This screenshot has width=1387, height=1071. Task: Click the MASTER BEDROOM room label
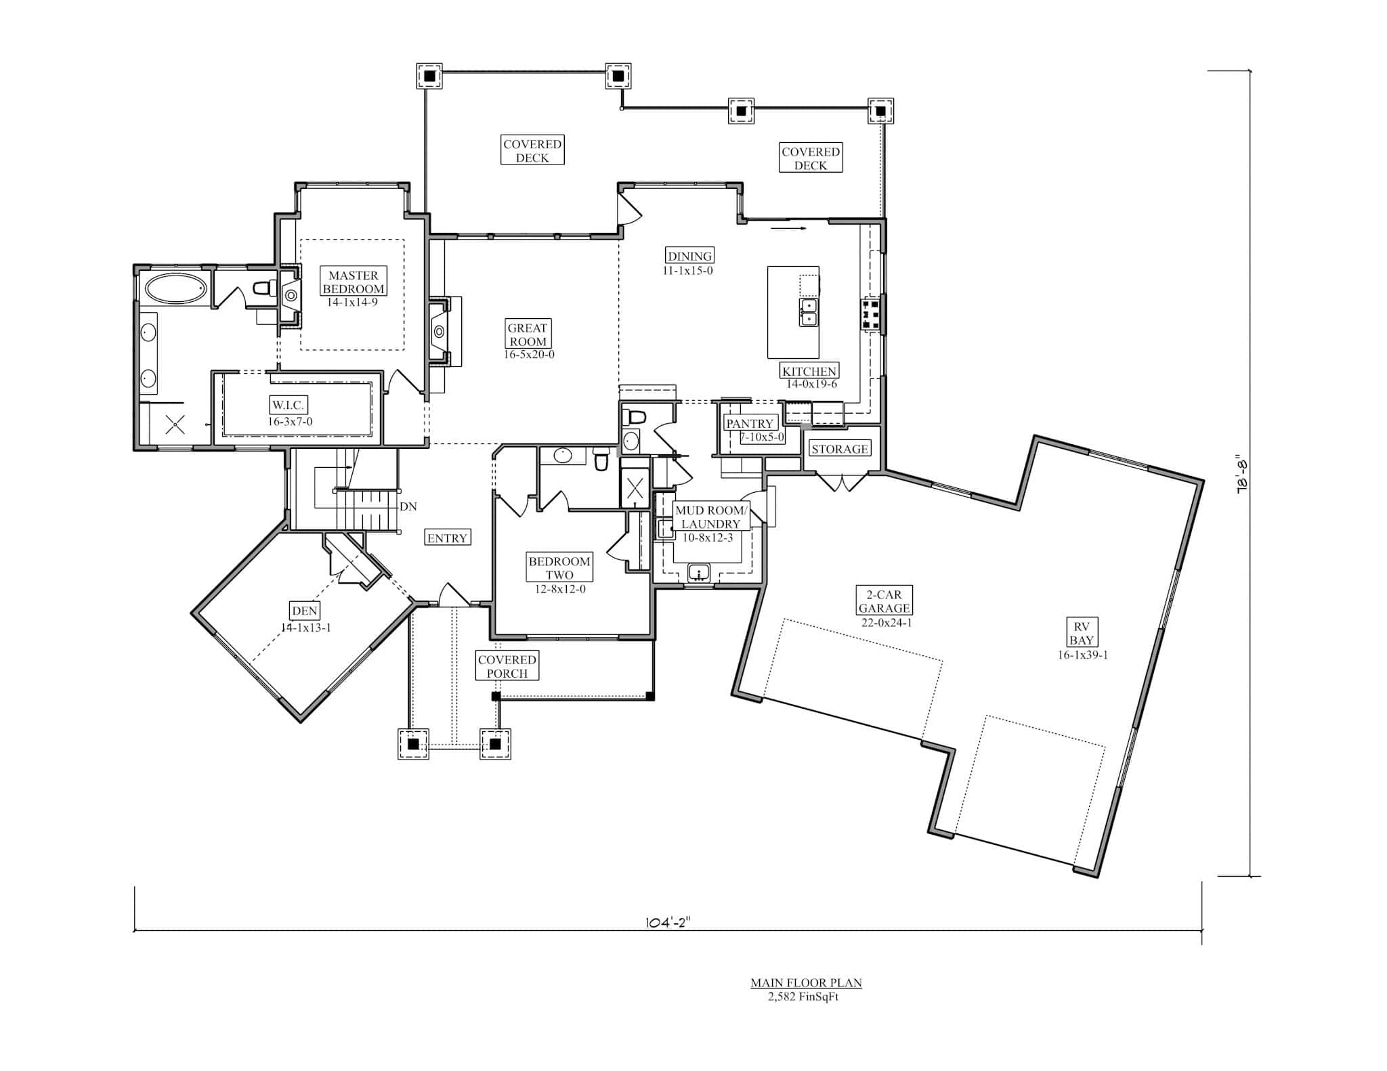tap(354, 282)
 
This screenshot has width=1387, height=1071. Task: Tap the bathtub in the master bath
tap(175, 288)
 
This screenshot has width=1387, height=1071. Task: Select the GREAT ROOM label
tap(528, 334)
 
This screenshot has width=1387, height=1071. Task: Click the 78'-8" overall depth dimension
tap(1242, 475)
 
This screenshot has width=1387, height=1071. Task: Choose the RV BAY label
tap(1082, 633)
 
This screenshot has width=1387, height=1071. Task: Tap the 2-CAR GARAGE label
tap(884, 601)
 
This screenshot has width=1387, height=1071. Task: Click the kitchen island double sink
tap(808, 312)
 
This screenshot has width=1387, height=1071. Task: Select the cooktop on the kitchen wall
tap(871, 315)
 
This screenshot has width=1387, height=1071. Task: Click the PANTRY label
tap(749, 423)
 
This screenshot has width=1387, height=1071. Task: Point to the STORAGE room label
tap(839, 449)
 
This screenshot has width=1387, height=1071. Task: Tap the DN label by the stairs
tap(408, 506)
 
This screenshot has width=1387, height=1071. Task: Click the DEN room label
tap(304, 611)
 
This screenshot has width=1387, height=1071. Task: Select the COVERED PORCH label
tap(507, 666)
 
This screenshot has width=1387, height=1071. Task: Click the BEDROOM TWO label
tap(559, 568)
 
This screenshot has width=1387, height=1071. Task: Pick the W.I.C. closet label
tap(289, 405)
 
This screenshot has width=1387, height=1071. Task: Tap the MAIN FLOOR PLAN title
tap(805, 982)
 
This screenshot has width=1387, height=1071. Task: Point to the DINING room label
tap(690, 256)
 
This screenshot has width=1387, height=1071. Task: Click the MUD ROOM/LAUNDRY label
tap(710, 517)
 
